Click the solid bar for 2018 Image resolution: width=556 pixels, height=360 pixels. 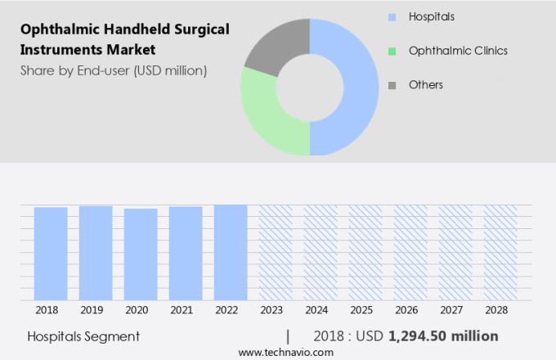[x=51, y=254]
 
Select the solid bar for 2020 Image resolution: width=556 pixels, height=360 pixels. [x=141, y=254]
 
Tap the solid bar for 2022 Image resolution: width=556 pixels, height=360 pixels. [x=231, y=252]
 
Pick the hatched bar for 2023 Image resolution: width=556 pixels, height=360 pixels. [x=276, y=252]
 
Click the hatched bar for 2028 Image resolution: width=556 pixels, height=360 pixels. [x=500, y=252]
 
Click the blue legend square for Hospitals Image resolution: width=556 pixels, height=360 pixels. [x=392, y=17]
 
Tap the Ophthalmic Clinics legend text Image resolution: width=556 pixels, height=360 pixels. [x=458, y=51]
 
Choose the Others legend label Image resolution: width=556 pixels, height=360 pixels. [x=425, y=84]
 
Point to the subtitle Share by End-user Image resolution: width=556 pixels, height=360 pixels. [x=114, y=70]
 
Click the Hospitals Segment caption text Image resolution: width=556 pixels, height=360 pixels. [x=83, y=336]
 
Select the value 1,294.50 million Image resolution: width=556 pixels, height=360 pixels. [x=443, y=336]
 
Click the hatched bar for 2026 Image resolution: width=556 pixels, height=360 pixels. [x=410, y=252]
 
